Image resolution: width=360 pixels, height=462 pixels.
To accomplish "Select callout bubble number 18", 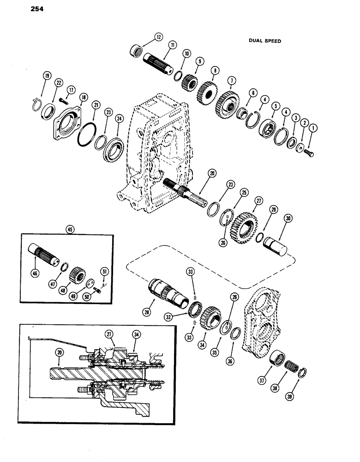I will click(x=83, y=97).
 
